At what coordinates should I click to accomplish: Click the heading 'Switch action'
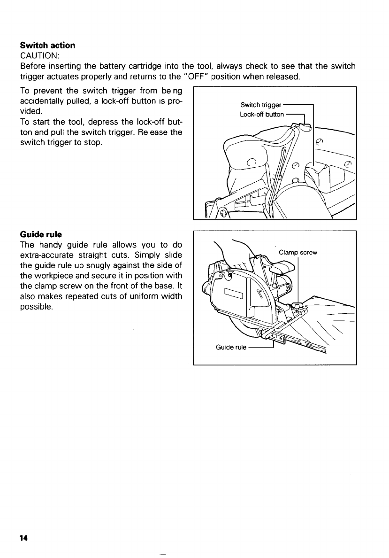click(47, 46)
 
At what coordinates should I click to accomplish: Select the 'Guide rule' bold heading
click(41, 234)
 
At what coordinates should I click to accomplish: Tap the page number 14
click(24, 538)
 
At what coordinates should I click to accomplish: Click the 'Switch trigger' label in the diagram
click(260, 104)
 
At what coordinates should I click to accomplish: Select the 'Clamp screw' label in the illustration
click(298, 253)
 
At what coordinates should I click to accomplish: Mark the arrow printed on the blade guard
click(261, 295)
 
